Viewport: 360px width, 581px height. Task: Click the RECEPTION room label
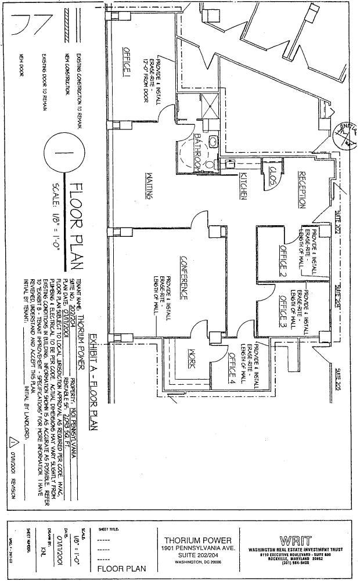tap(301, 190)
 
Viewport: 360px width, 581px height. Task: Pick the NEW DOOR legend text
tap(21, 65)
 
